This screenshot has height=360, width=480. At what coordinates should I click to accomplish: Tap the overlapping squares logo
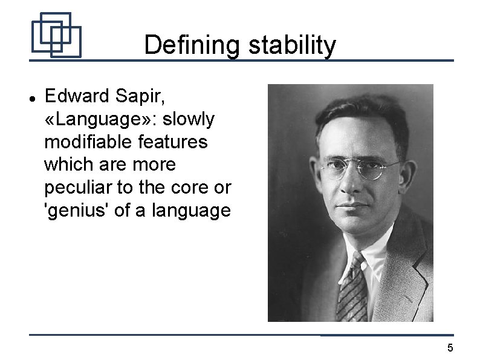pyautogui.click(x=56, y=34)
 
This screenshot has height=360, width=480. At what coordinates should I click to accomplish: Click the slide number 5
pyautogui.click(x=450, y=347)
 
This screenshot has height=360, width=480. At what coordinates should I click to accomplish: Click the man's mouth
pyautogui.click(x=354, y=208)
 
